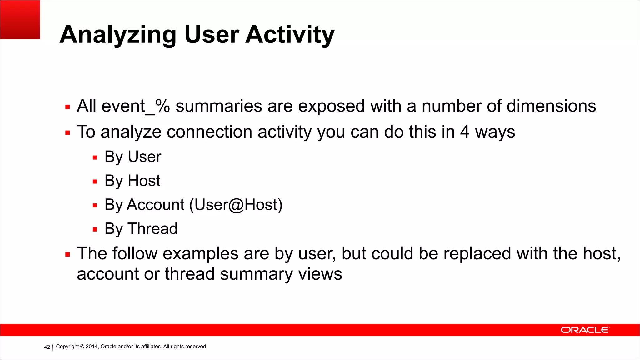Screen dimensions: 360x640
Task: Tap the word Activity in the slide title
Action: coord(290,35)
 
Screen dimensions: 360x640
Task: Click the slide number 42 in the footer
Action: coord(47,347)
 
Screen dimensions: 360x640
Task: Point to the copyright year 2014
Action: coord(92,347)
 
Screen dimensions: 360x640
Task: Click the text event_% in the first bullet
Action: coord(136,106)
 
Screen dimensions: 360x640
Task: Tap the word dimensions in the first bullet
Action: coord(551,106)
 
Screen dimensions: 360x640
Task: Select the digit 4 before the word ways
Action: coord(465,132)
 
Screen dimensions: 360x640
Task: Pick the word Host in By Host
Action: coord(144,181)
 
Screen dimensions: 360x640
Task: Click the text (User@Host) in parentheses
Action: coord(236,205)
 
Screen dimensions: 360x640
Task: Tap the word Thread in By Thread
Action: coord(152,229)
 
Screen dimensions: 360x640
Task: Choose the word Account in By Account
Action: coord(156,205)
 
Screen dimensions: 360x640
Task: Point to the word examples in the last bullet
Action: coord(201,253)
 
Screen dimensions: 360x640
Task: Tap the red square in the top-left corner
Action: coord(20,19)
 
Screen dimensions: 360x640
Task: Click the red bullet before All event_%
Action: coord(67,107)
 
